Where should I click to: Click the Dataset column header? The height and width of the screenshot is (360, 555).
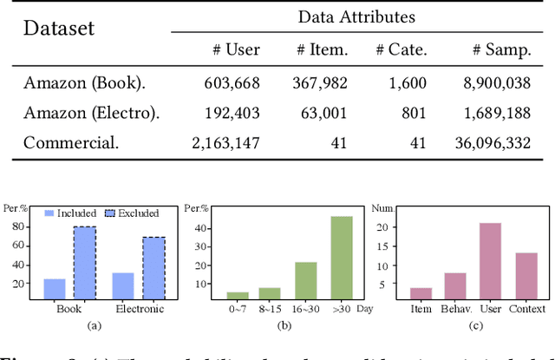58,28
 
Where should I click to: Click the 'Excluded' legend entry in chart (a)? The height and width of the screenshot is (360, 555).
134,213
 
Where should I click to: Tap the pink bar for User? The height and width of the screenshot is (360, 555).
489,261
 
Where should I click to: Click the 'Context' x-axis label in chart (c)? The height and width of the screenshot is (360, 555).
527,309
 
